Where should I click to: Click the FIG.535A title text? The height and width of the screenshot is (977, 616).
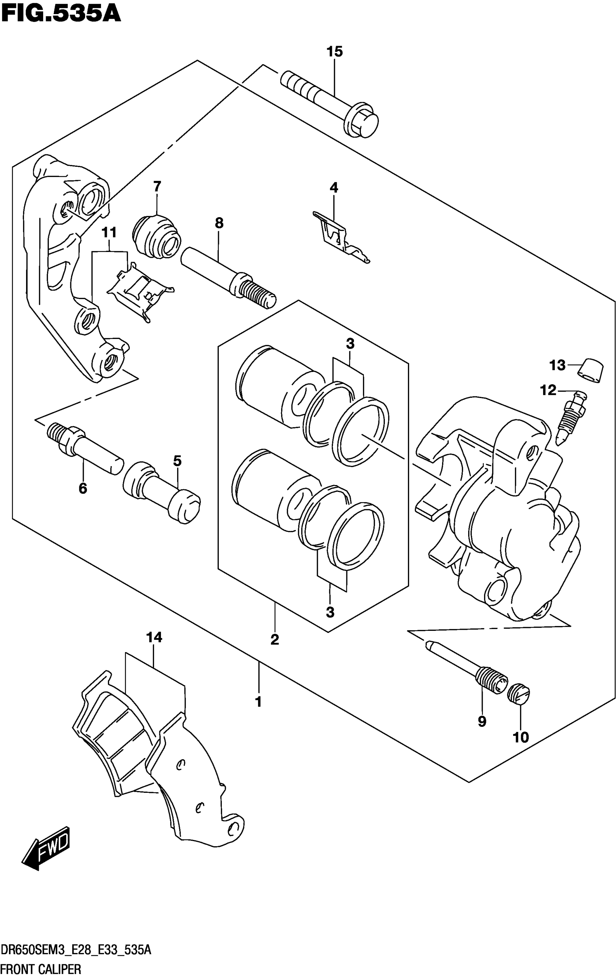[61, 14]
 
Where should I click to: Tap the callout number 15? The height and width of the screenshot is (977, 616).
[334, 52]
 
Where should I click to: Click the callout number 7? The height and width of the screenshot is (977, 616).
[157, 187]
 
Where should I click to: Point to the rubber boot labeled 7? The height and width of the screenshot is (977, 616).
[156, 236]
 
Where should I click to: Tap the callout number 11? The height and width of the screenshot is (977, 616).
[109, 233]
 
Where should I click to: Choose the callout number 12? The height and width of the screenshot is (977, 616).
[548, 390]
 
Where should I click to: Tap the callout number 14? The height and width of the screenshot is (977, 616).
[154, 637]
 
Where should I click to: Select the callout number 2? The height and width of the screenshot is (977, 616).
[275, 640]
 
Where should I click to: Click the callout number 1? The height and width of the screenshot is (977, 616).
[258, 701]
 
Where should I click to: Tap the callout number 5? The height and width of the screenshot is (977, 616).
[177, 461]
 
